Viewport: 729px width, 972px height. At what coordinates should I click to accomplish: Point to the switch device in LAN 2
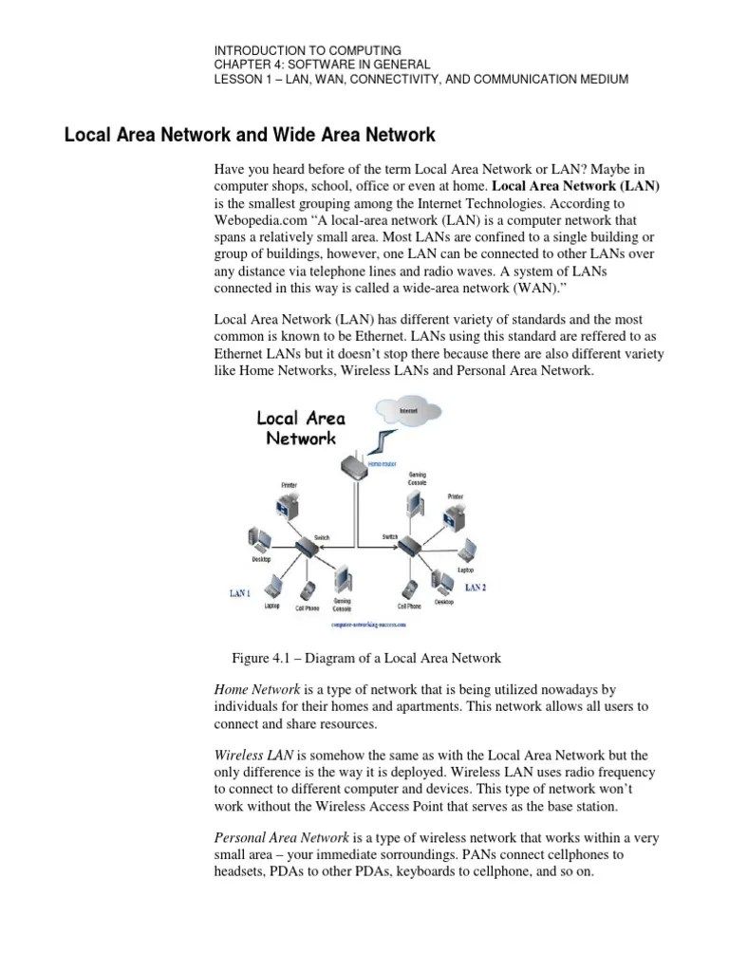409,546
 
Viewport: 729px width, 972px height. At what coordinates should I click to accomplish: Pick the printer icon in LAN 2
456,516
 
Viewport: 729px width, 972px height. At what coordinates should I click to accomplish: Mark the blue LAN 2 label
475,588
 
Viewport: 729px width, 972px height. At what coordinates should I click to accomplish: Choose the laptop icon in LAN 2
465,553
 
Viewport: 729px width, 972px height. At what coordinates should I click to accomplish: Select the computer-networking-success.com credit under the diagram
367,626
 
